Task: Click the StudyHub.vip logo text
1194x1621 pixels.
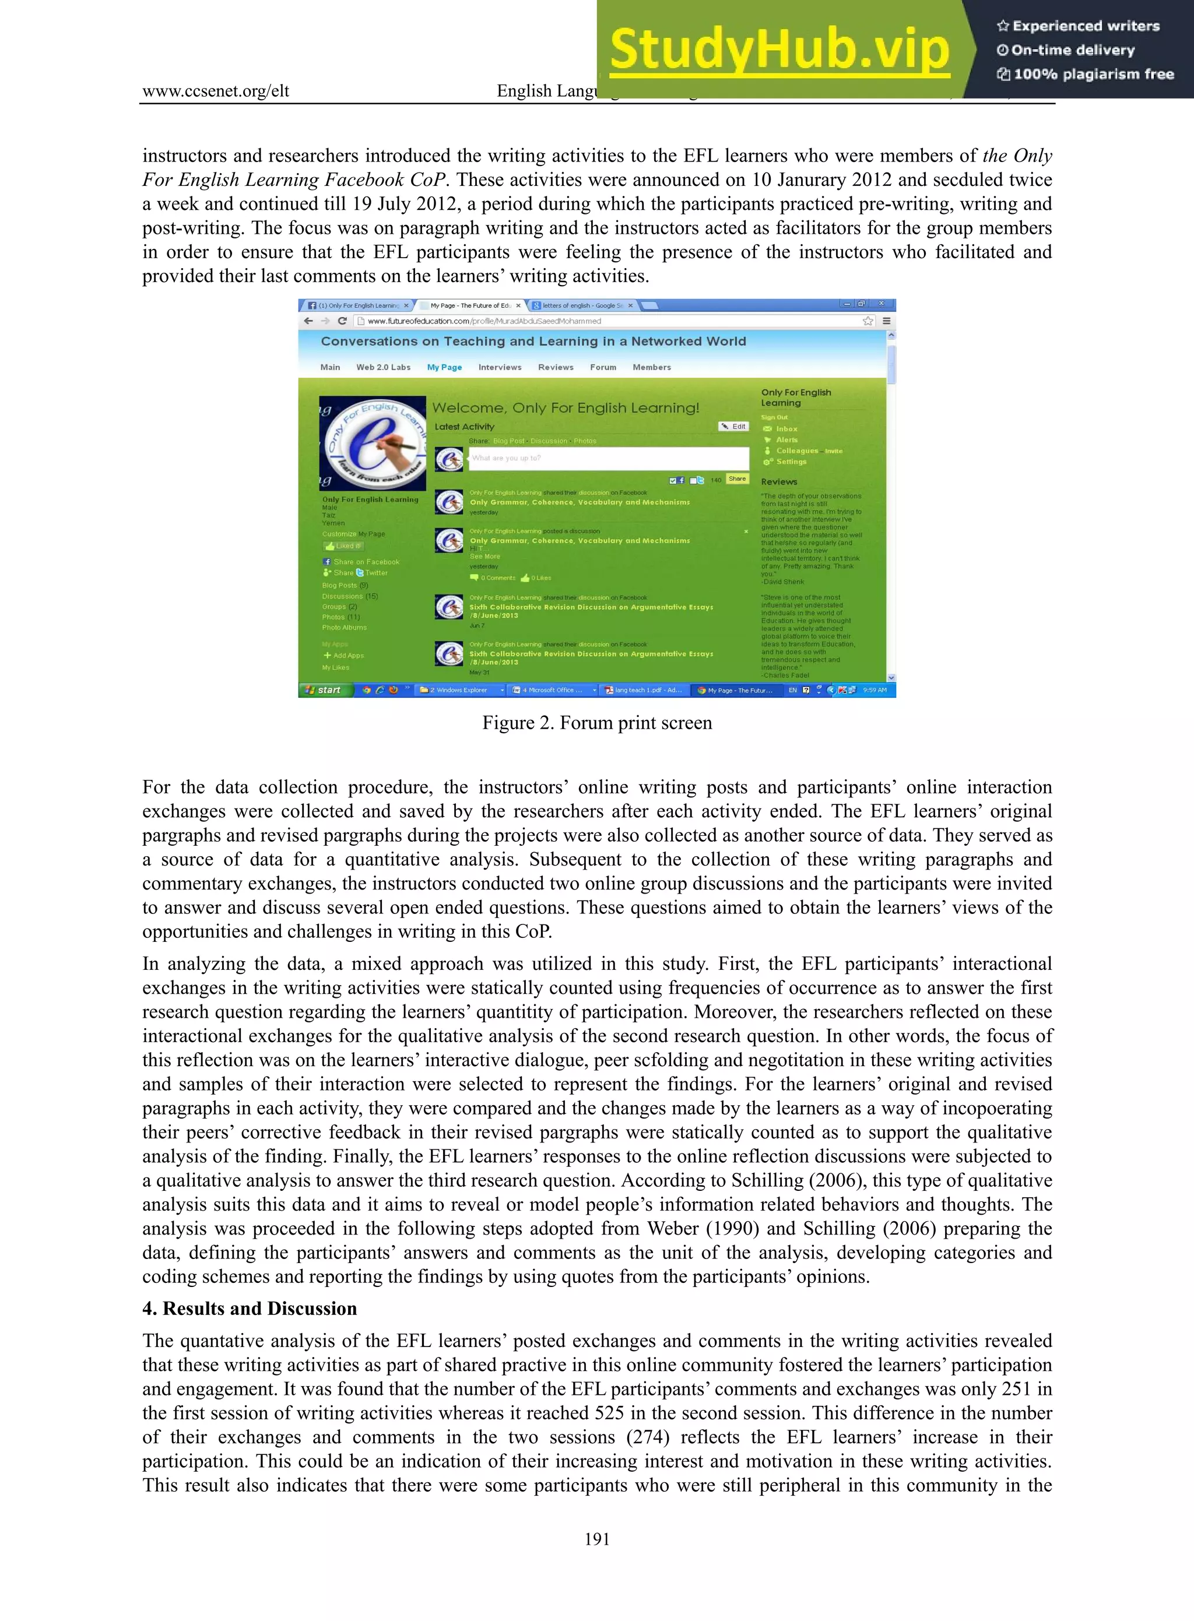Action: [x=778, y=49]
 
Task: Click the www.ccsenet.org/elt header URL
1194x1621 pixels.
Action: [x=215, y=91]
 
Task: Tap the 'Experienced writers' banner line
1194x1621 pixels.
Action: [x=1079, y=26]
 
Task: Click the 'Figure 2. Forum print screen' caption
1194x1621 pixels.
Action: [x=597, y=723]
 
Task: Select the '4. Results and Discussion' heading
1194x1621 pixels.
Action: [x=250, y=1308]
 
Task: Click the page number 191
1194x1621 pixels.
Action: [x=597, y=1539]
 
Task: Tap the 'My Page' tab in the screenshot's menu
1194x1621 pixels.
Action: [x=444, y=367]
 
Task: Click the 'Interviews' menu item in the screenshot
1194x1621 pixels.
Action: [x=500, y=367]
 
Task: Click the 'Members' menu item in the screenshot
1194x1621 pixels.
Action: [x=651, y=367]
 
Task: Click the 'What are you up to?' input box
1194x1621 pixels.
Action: [x=609, y=458]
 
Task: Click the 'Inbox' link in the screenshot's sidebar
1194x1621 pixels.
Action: [x=786, y=428]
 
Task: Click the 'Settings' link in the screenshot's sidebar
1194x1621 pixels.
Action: [x=791, y=462]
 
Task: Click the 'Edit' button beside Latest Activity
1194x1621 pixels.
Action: [x=733, y=427]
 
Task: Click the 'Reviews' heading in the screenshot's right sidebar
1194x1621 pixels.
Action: [x=778, y=481]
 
